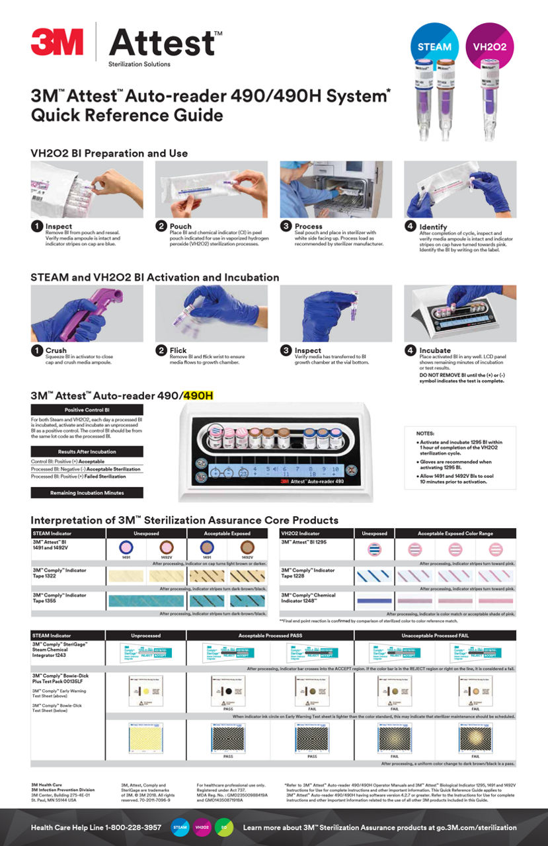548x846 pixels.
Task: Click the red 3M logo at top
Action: click(57, 42)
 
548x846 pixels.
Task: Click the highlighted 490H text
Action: click(198, 396)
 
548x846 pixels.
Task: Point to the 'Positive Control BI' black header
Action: click(87, 410)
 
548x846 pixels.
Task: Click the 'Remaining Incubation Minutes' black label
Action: click(87, 492)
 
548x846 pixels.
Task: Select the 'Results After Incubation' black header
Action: click(87, 451)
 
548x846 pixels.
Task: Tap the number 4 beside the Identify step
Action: click(410, 227)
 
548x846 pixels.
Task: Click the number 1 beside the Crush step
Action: click(36, 350)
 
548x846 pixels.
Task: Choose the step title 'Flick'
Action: click(178, 350)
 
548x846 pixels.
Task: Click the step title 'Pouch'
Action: click(180, 226)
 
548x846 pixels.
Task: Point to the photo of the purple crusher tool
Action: click(87, 313)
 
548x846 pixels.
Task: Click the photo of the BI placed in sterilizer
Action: click(335, 189)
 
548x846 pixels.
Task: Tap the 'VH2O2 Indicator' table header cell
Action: click(303, 533)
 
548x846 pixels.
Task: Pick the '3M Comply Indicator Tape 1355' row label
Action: click(61, 598)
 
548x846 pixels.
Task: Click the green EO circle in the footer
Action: click(225, 827)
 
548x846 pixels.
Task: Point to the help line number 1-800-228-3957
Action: click(125, 827)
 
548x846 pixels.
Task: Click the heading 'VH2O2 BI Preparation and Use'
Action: click(109, 153)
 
